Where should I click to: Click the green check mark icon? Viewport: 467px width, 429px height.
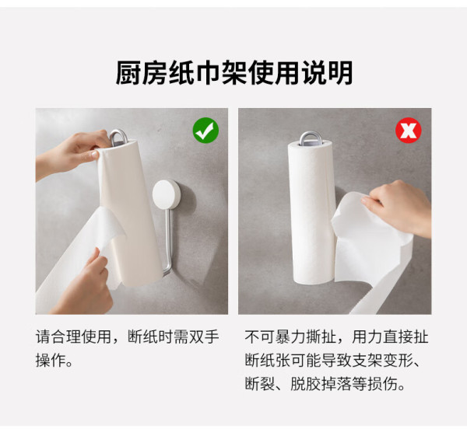coord(205,131)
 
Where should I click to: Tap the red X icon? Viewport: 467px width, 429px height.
coord(409,131)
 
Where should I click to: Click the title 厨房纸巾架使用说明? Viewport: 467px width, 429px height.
coord(234,73)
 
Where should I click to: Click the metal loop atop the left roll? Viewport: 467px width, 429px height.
coord(118,137)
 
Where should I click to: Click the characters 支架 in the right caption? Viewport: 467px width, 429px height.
coord(367,360)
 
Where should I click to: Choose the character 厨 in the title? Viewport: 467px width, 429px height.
coord(128,73)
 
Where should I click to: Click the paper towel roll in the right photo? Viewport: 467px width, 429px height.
coord(311,212)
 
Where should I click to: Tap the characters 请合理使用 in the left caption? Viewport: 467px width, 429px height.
coord(74,337)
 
